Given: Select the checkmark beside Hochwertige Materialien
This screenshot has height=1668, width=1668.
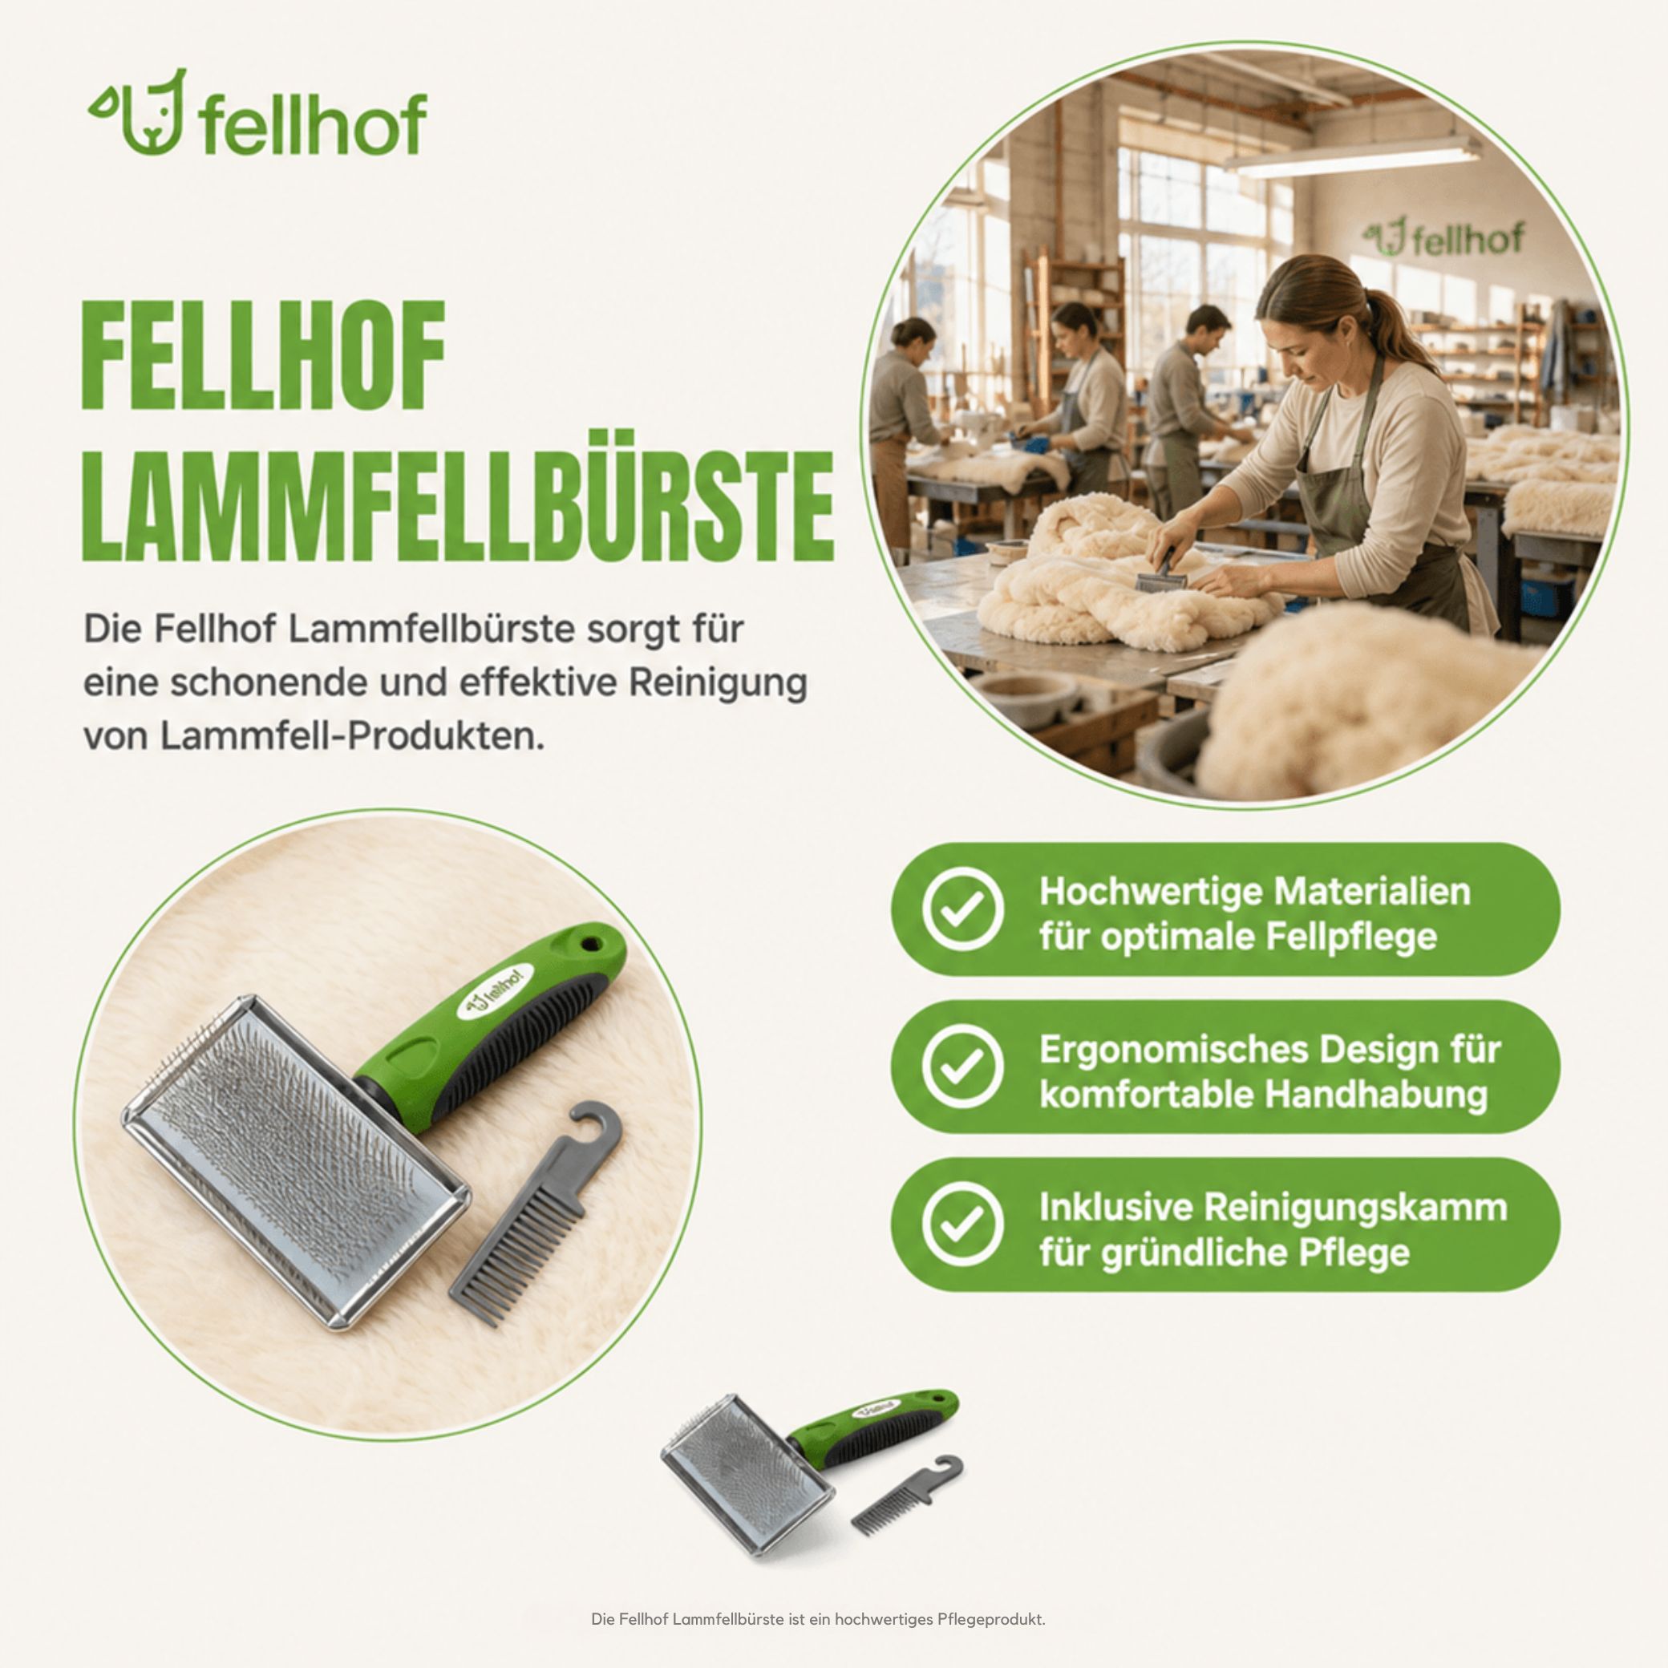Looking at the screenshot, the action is (x=962, y=909).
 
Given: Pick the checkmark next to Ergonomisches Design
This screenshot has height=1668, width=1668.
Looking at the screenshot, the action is (x=962, y=1067).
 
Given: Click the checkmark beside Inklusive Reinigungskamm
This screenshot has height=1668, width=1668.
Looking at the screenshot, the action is (x=962, y=1224).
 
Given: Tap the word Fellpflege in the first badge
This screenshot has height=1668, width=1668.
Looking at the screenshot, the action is (x=1352, y=936).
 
